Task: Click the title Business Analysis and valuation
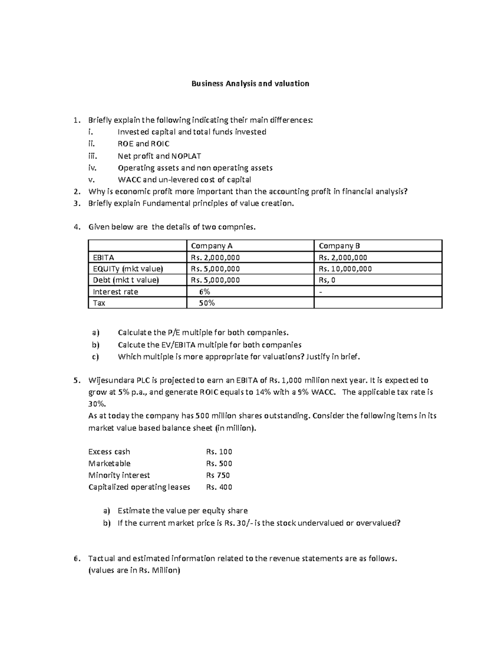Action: click(250, 84)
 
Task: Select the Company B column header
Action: click(339, 246)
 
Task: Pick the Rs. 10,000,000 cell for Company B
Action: click(345, 269)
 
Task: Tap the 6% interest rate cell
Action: click(205, 292)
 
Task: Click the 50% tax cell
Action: click(207, 303)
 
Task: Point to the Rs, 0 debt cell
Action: click(327, 280)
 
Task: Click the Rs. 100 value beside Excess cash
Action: click(219, 451)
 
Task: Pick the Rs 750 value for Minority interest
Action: click(218, 475)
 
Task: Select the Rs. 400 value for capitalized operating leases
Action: click(219, 487)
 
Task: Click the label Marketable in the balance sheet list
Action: click(109, 463)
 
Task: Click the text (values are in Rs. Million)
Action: click(134, 570)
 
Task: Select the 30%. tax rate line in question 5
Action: click(97, 404)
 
